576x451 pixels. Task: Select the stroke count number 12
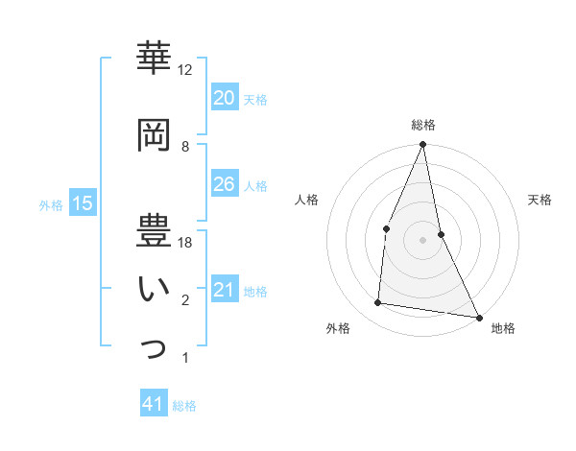pyautogui.click(x=185, y=70)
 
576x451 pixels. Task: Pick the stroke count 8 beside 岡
pyautogui.click(x=185, y=147)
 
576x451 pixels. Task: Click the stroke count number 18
pyautogui.click(x=185, y=243)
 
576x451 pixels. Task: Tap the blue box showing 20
pyautogui.click(x=224, y=98)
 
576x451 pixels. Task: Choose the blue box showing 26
pyautogui.click(x=224, y=184)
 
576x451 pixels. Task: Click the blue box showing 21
pyautogui.click(x=224, y=290)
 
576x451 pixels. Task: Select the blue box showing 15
pyautogui.click(x=83, y=202)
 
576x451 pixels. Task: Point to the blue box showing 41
pyautogui.click(x=154, y=404)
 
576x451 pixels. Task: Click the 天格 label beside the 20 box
pyautogui.click(x=255, y=100)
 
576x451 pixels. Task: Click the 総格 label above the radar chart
pyautogui.click(x=422, y=126)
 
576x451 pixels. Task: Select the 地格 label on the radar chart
pyautogui.click(x=503, y=329)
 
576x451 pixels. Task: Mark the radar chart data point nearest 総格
pyautogui.click(x=422, y=145)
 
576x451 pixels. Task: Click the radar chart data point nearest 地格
pyautogui.click(x=478, y=317)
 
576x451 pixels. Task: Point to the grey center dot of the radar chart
pyautogui.click(x=422, y=239)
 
